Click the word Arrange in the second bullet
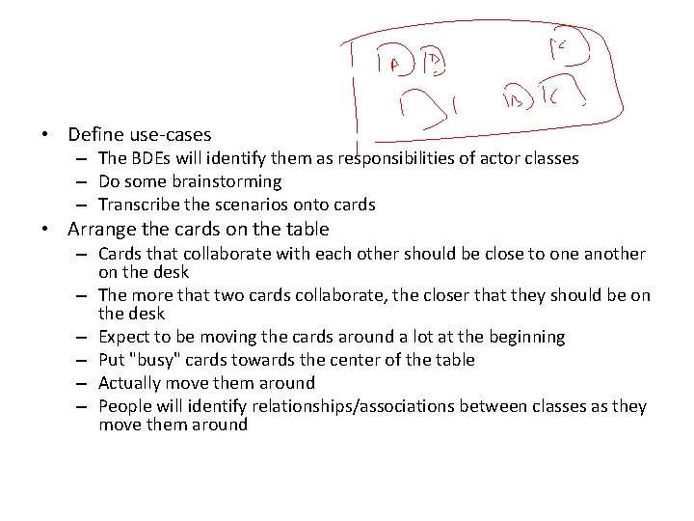point(104,229)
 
